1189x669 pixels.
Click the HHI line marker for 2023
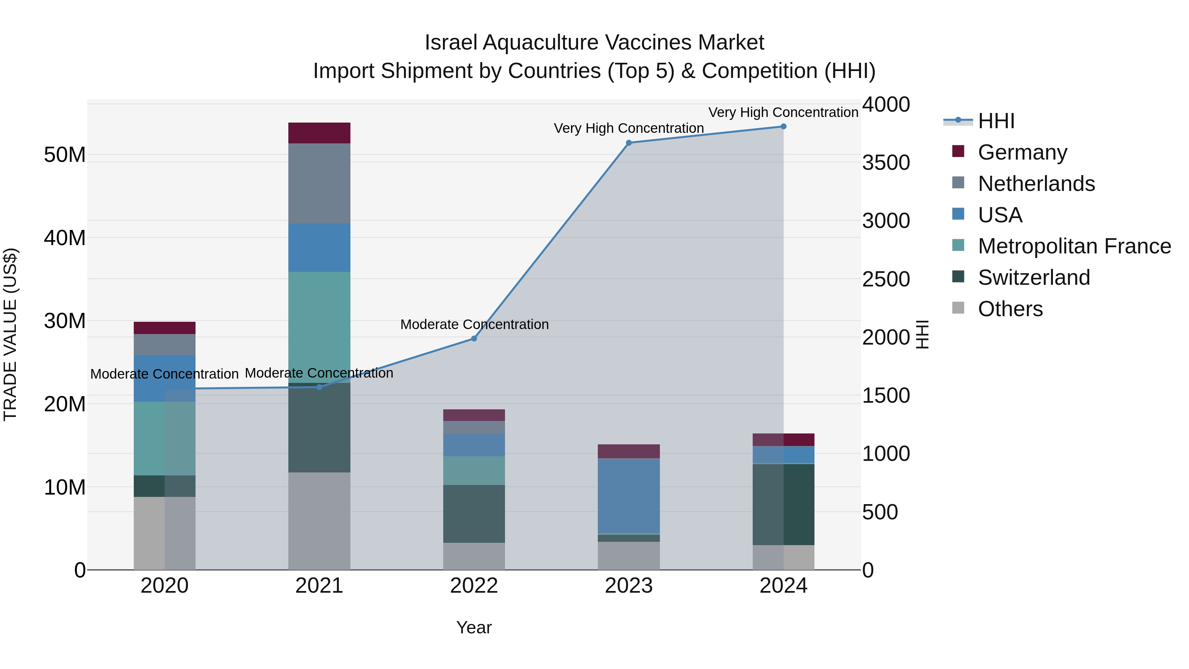(x=628, y=143)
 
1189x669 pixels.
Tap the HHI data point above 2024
(x=783, y=127)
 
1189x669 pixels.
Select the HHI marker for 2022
(x=474, y=338)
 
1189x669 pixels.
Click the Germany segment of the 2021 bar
(x=319, y=133)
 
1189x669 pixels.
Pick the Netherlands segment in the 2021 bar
(x=319, y=183)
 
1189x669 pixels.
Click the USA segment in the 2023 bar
(x=628, y=496)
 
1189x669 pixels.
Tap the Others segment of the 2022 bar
(x=474, y=556)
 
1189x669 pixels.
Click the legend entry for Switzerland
(x=1033, y=278)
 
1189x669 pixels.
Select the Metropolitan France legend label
(x=1074, y=246)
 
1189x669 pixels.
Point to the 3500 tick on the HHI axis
(x=886, y=163)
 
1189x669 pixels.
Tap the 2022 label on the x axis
(x=474, y=586)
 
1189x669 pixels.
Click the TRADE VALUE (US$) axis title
(x=10, y=334)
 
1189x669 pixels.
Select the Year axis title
(x=474, y=627)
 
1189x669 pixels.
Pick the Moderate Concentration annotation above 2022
(x=474, y=324)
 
